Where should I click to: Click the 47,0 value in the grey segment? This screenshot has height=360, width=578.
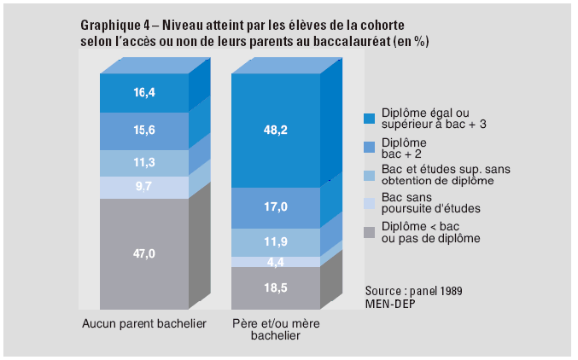point(143,254)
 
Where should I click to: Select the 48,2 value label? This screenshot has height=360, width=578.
point(275,131)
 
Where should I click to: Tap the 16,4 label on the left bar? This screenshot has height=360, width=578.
point(143,94)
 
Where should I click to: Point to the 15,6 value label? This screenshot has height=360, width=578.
point(143,131)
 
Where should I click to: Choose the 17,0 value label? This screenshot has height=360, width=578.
point(275,207)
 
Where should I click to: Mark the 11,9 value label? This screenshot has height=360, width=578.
point(275,242)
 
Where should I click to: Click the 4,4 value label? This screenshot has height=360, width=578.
point(275,262)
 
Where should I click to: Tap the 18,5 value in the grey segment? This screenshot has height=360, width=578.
point(275,287)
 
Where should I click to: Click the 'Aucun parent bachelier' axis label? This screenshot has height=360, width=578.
point(144,323)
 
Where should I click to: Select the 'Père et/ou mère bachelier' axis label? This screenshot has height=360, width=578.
point(275,329)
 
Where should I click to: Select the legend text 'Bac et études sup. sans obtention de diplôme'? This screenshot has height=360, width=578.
point(435,175)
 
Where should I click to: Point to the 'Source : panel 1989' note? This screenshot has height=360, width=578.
point(413,290)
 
